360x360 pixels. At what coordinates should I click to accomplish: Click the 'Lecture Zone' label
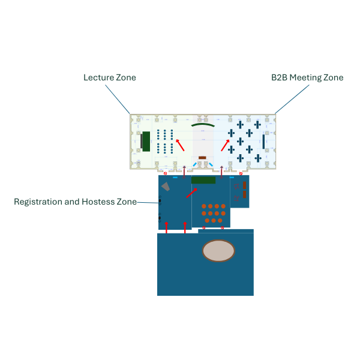tap(109, 77)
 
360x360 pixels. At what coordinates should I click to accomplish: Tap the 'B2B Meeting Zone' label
tap(307, 77)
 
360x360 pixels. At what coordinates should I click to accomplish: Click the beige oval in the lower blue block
tap(218, 251)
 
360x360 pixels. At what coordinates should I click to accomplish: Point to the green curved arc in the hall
tap(203, 125)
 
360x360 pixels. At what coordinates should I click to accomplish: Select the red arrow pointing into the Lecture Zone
tap(179, 145)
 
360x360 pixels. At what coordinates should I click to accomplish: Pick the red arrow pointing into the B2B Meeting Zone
tap(225, 145)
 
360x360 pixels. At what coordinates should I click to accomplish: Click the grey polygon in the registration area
tap(166, 187)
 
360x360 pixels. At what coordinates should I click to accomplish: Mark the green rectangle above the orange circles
tap(203, 180)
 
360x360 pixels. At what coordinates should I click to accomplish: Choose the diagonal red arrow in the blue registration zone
tap(192, 192)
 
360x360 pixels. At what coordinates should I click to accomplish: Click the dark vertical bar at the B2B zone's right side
tap(263, 141)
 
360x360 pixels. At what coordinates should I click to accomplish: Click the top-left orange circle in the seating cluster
tap(205, 206)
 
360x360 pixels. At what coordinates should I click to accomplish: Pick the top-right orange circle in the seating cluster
tap(223, 206)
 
